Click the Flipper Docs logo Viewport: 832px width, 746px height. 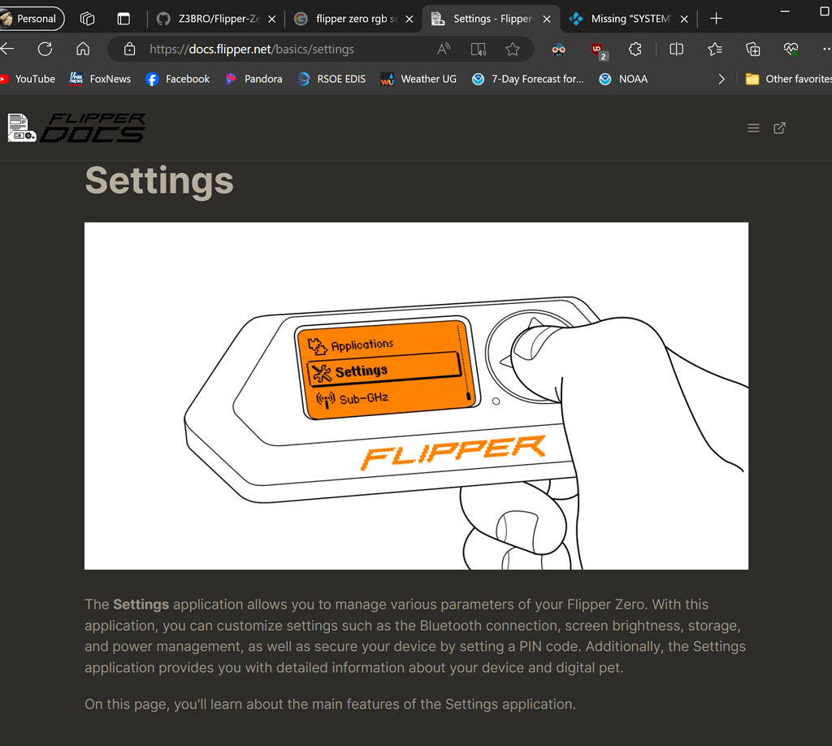coord(76,128)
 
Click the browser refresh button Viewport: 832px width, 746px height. coord(45,49)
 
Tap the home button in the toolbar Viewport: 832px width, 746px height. coord(83,49)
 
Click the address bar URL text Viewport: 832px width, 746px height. coord(252,50)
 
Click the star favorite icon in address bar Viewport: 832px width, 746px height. coord(513,50)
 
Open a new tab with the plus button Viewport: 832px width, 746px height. coord(716,19)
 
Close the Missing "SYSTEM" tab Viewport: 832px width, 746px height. coord(684,19)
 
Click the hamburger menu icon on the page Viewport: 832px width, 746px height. coord(753,128)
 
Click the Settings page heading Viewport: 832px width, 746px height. coord(159,180)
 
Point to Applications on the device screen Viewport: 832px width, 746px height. coord(362,345)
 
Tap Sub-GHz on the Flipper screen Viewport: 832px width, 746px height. coord(363,399)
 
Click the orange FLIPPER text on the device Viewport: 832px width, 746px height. coord(453,453)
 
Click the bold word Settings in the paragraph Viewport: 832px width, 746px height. coord(141,605)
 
